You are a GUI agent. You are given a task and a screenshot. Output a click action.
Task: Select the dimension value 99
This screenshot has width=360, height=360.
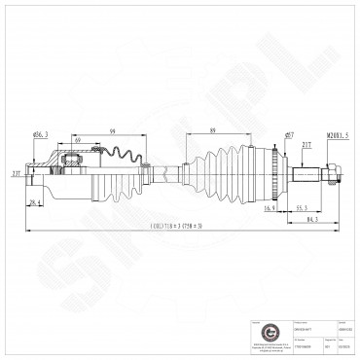coord(115,129)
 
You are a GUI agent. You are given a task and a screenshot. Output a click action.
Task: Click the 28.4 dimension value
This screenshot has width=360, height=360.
coord(35,201)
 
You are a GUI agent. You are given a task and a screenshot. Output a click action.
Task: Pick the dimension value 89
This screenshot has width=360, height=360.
coord(211,129)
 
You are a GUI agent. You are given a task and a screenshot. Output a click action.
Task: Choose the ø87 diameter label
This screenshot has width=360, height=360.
coord(290,134)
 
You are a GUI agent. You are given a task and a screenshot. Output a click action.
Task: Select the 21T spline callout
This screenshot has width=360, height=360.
coord(306,145)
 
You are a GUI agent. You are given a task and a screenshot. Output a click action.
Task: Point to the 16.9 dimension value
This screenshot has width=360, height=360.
coord(270,206)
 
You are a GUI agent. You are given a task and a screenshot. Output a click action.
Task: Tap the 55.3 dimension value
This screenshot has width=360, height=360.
coord(304,206)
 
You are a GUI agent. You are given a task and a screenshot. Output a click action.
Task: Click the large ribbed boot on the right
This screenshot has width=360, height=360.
coord(234,175)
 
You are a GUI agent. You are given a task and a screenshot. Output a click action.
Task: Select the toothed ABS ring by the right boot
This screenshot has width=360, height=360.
coord(283,175)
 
